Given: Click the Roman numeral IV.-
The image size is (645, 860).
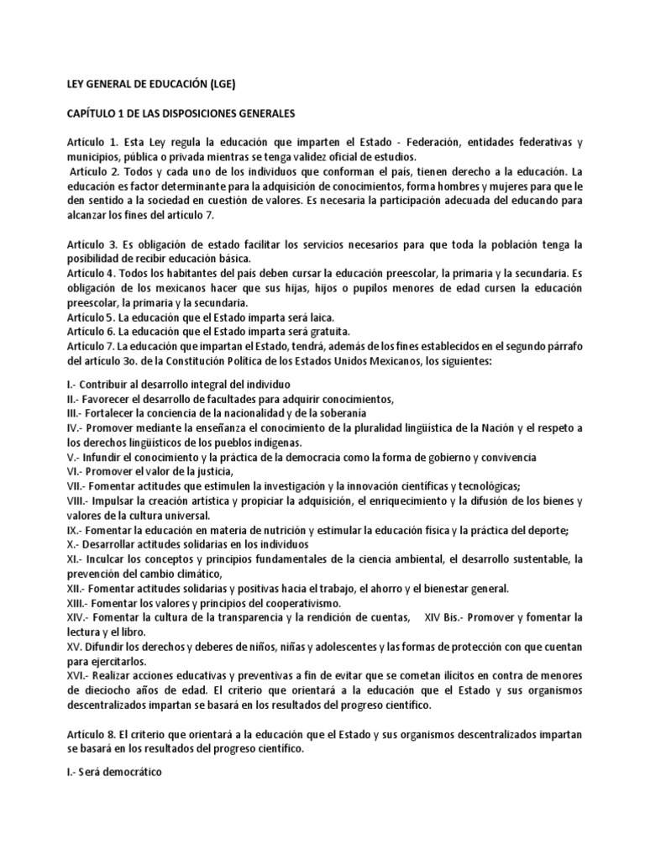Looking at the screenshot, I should pyautogui.click(x=74, y=427).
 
